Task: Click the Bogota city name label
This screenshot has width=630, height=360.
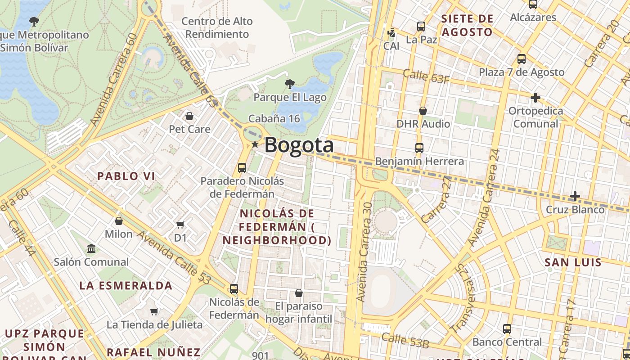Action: coord(299,145)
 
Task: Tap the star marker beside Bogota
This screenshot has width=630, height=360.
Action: coord(255,144)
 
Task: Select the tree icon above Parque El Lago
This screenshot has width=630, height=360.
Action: coord(290,84)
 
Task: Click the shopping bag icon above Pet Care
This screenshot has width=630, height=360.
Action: coord(189,117)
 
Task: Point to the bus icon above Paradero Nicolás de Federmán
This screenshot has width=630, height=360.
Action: coord(242,168)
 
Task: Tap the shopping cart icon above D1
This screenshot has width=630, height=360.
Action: coord(180,225)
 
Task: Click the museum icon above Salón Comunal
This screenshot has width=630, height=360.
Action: coord(91,248)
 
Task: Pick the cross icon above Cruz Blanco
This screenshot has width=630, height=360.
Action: coord(575,196)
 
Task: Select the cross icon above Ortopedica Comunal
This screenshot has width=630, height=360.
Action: coord(535,97)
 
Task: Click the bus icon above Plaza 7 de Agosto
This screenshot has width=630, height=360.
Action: coord(521,59)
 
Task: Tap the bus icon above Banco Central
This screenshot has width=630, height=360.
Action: coord(507,329)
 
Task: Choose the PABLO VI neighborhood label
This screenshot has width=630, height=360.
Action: coord(126,176)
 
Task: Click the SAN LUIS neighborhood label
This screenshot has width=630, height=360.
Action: coord(573,262)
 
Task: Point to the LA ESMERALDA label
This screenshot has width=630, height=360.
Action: coord(126,286)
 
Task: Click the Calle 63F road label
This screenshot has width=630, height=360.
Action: coord(426,76)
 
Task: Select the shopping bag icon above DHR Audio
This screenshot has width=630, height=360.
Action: coord(423,111)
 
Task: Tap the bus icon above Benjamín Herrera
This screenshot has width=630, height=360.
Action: coord(419,148)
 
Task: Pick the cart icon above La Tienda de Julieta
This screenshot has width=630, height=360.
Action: coord(154,311)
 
